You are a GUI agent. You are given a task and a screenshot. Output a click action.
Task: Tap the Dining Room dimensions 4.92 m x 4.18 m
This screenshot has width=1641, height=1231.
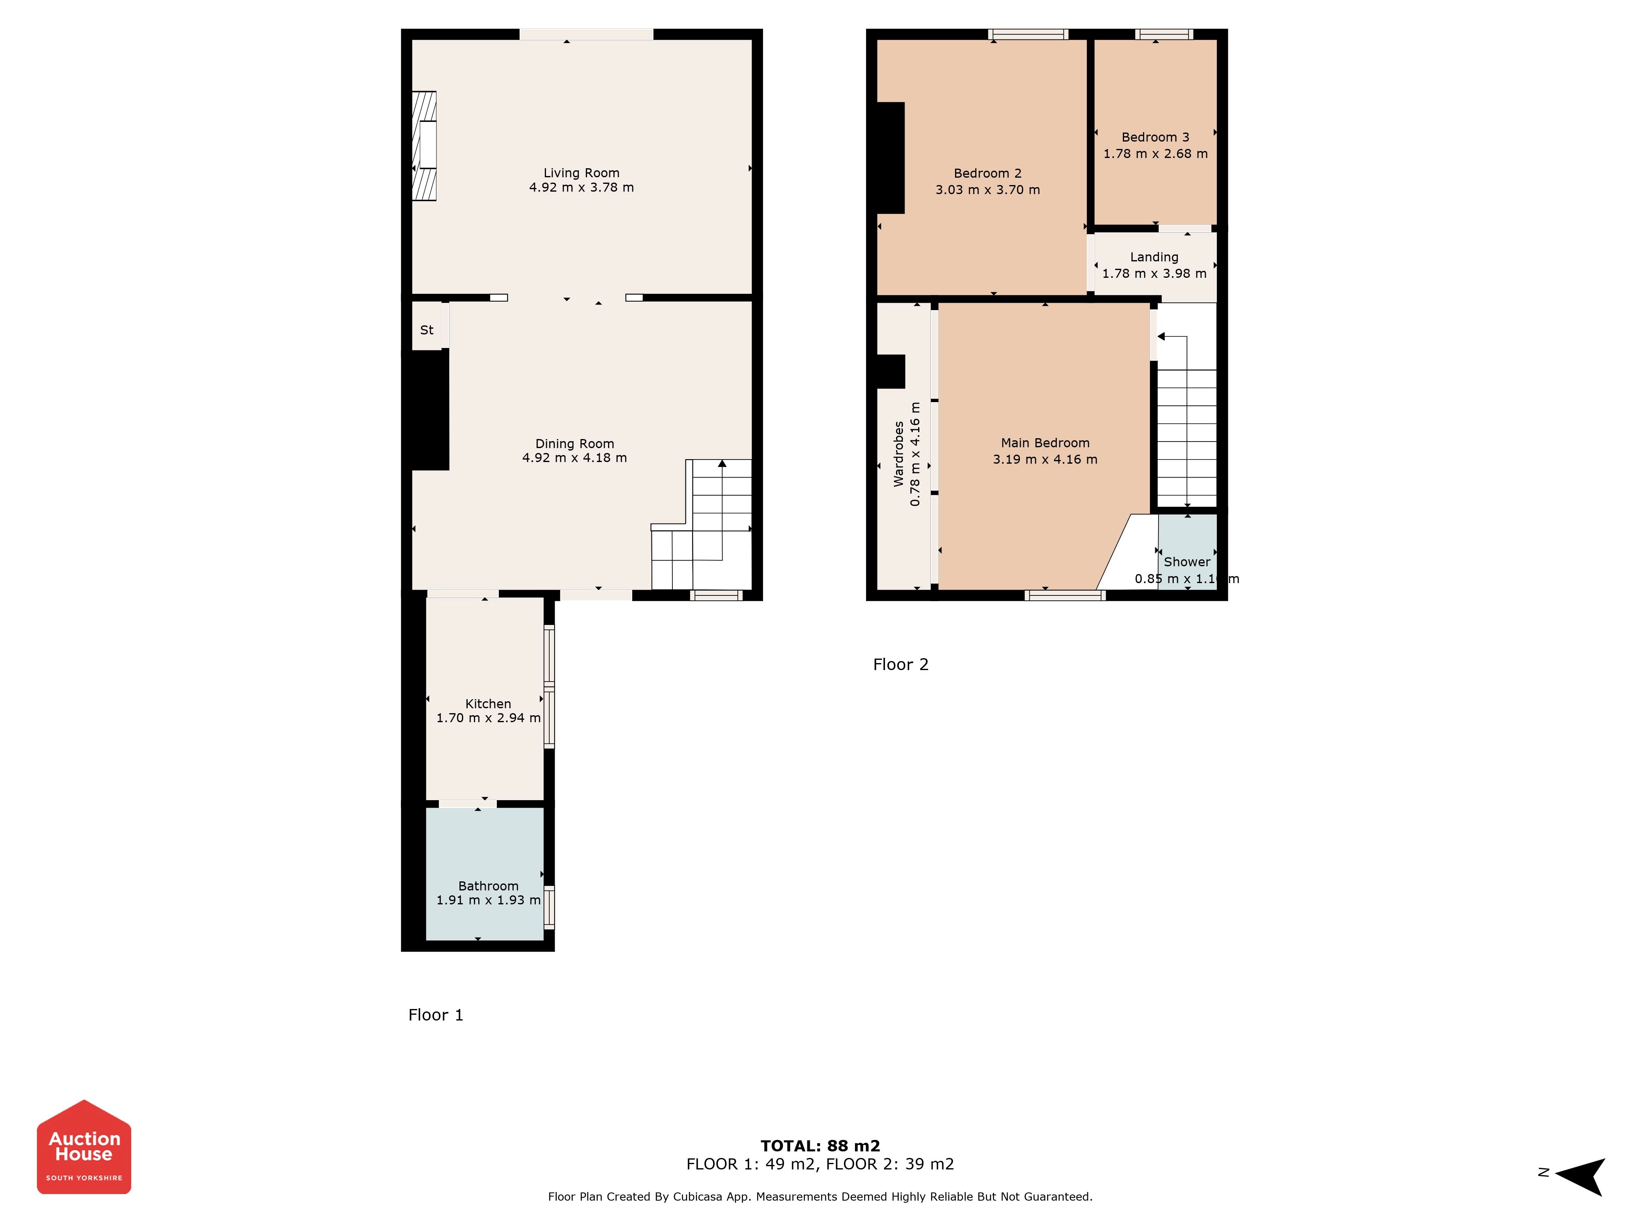tap(574, 458)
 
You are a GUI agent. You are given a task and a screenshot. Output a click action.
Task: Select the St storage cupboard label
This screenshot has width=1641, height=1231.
tap(427, 330)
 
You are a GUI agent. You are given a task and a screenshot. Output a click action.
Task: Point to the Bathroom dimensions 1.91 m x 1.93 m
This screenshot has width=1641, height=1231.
tap(488, 900)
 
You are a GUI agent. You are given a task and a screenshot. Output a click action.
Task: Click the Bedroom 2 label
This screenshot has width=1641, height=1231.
tap(987, 174)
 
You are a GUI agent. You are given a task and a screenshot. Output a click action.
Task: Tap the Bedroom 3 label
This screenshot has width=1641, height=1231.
tap(1155, 137)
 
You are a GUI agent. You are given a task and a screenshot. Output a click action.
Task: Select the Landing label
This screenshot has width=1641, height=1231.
tap(1154, 257)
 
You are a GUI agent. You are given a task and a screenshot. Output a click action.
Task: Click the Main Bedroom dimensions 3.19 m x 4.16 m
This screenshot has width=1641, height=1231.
tap(1045, 459)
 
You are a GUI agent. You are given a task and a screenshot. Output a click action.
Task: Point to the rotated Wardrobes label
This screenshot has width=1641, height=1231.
tap(899, 454)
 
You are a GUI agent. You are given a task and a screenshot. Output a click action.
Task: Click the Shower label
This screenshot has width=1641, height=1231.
tap(1187, 562)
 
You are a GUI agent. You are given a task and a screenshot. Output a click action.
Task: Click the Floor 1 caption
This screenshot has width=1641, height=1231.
tap(435, 1015)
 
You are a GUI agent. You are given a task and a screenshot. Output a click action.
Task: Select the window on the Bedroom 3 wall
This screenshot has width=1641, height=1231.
tap(1164, 34)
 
